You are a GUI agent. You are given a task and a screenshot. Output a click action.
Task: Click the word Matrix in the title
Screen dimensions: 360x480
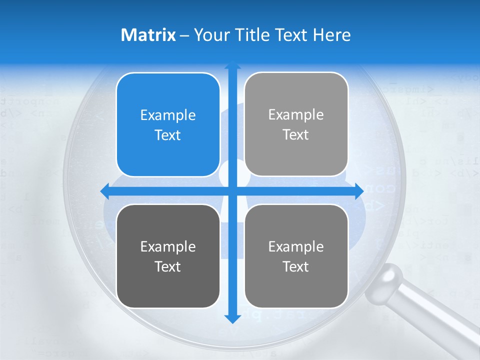pyautogui.click(x=148, y=35)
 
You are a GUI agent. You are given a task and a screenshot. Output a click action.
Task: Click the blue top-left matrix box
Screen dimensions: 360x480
pyautogui.click(x=168, y=124)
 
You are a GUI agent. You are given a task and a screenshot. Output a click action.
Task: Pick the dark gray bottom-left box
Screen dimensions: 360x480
pyautogui.click(x=168, y=256)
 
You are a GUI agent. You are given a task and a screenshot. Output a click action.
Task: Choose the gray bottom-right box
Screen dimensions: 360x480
pyautogui.click(x=296, y=256)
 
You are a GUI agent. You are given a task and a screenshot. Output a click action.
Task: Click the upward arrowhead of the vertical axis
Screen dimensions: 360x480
pyautogui.click(x=232, y=65)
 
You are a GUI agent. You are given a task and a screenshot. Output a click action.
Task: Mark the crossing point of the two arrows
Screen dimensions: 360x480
pyautogui.click(x=232, y=191)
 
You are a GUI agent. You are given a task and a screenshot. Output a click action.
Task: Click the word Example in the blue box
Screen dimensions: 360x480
pyautogui.click(x=168, y=115)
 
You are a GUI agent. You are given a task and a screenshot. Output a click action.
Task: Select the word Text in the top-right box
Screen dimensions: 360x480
pyautogui.click(x=296, y=135)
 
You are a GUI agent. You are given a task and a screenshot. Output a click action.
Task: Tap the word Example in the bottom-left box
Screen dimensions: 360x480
pyautogui.click(x=168, y=246)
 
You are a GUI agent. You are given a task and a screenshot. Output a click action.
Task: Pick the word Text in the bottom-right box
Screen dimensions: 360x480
pyautogui.click(x=296, y=266)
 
